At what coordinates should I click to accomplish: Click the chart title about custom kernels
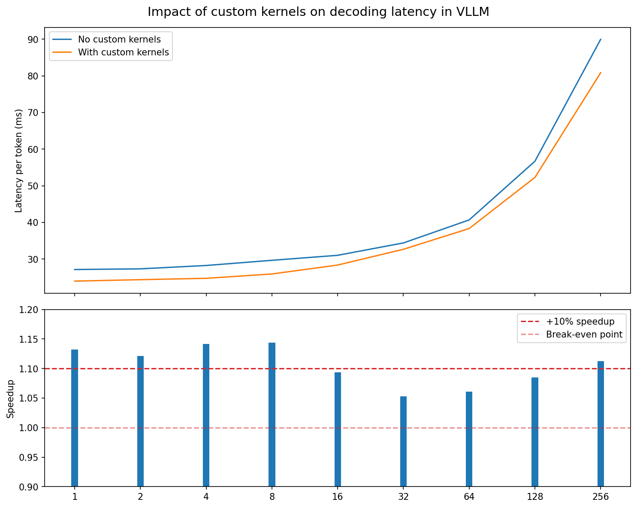coord(318,12)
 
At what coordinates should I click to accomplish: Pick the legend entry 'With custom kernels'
coord(123,52)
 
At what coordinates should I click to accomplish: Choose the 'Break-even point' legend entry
coord(584,335)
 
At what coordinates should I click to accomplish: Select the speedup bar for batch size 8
coord(272,414)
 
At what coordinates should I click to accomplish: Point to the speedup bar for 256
coord(601,424)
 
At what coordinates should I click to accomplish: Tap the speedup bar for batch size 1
coord(75,418)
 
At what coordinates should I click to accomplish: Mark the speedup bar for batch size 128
coord(535,432)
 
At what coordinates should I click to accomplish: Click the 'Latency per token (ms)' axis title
coord(18,161)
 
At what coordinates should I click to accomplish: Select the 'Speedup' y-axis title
coord(11,398)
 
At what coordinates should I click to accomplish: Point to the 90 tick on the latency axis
coord(33,40)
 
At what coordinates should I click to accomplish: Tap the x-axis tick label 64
coord(469,497)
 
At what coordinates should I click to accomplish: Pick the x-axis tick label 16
coord(338,497)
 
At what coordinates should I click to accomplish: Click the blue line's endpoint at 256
coord(601,39)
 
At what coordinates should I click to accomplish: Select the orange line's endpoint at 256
coord(601,73)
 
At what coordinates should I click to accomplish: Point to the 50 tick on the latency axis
coord(33,186)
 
